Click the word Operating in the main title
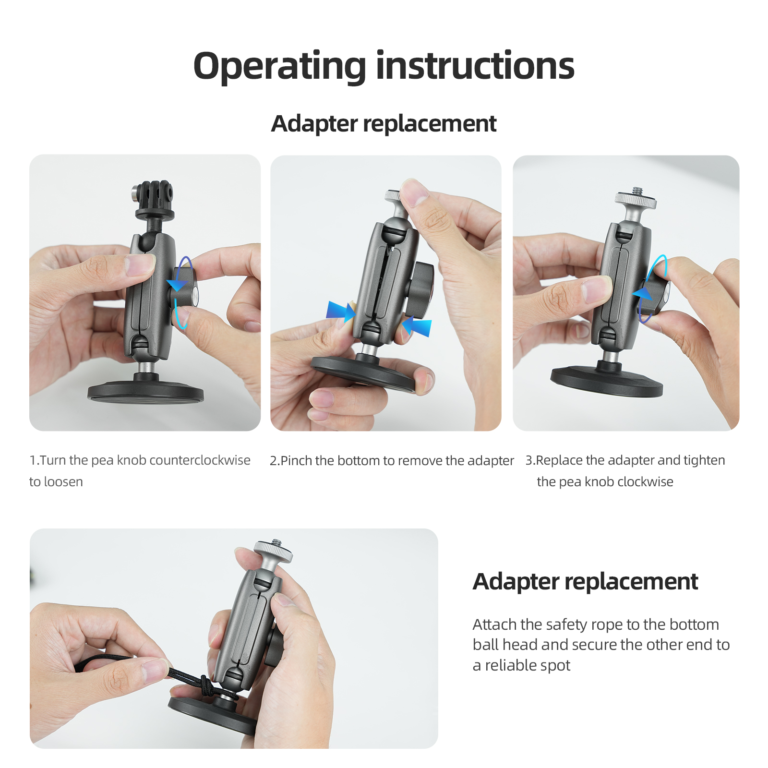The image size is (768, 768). (280, 66)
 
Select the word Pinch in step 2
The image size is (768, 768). (296, 460)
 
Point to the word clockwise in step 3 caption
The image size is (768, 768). (645, 481)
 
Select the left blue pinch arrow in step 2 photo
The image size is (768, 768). (341, 311)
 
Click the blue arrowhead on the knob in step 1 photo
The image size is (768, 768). (177, 285)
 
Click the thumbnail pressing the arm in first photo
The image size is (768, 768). (140, 264)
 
